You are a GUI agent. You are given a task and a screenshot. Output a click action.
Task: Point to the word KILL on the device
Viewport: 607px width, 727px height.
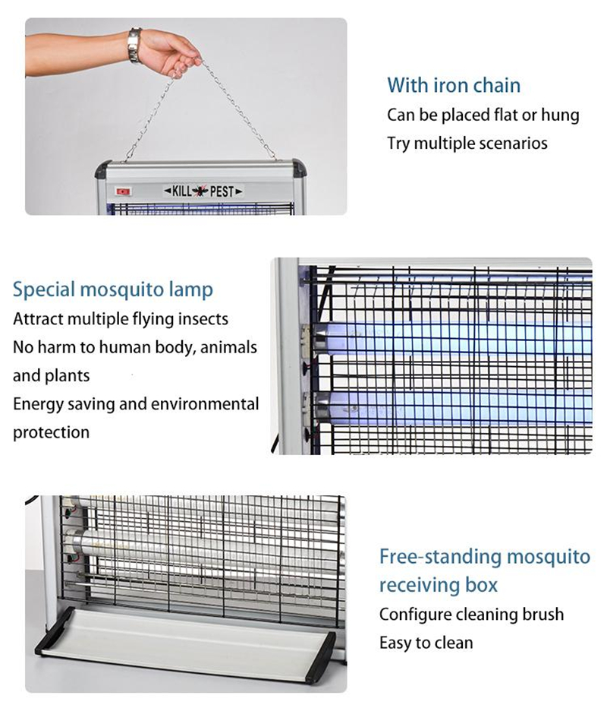coord(180,191)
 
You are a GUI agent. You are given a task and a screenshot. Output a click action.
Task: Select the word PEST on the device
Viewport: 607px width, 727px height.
coord(222,191)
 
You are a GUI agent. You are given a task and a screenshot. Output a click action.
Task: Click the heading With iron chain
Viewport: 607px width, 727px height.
coord(454,85)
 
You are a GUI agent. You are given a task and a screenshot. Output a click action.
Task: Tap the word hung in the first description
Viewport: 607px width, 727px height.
coord(561,115)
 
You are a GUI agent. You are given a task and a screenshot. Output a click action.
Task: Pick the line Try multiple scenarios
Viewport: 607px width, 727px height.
coord(467,143)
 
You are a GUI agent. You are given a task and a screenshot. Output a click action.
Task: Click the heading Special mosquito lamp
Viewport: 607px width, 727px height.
coord(113,289)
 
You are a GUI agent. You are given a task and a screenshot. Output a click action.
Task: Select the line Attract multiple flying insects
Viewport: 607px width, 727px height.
coord(121,319)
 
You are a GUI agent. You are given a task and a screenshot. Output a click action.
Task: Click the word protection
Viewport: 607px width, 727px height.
coord(52,432)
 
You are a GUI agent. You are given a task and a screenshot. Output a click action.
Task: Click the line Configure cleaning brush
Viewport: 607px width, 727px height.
coord(471,614)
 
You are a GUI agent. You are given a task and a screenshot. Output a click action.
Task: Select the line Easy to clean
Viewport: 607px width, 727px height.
coord(426,643)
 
